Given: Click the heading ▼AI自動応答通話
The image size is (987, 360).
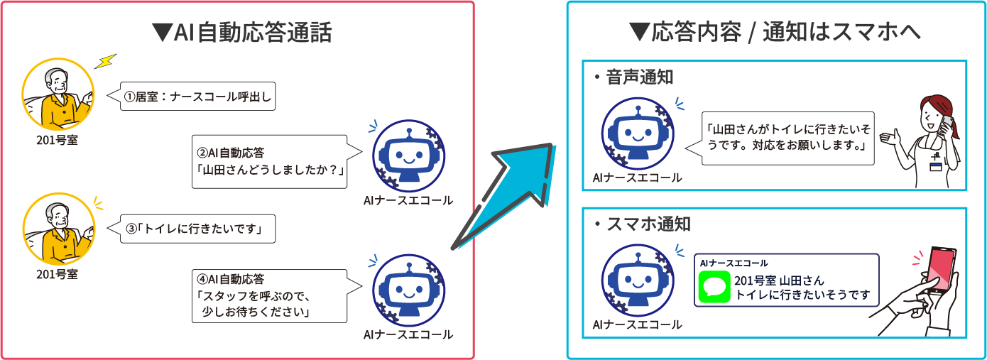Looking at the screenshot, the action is tap(242, 32).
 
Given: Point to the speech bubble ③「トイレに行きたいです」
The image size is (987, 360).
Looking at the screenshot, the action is tap(196, 229).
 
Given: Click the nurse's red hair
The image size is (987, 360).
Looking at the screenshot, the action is tap(937, 107).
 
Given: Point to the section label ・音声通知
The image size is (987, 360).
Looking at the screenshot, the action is tap(633, 77).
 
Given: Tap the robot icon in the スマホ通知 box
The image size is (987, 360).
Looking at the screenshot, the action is tap(636, 280).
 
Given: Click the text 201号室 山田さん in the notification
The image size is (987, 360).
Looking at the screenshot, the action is tap(779, 281).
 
